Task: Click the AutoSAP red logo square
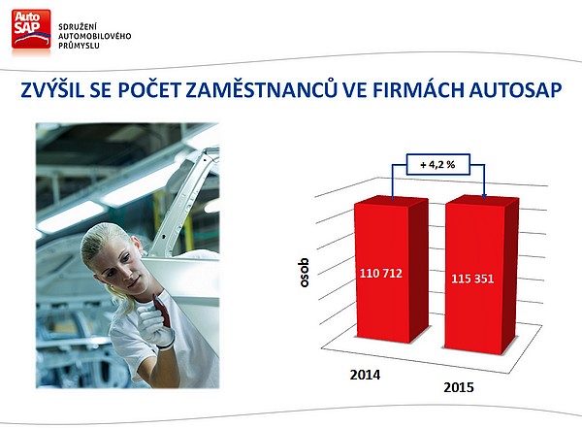pyautogui.click(x=31, y=29)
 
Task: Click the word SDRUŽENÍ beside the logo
pyautogui.click(x=73, y=27)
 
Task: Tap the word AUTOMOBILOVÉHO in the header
pyautogui.click(x=95, y=36)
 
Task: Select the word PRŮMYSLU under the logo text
pyautogui.click(x=79, y=46)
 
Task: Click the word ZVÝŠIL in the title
pyautogui.click(x=52, y=89)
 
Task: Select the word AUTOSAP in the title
pyautogui.click(x=515, y=90)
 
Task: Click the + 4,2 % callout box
pyautogui.click(x=438, y=164)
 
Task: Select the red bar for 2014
pyautogui.click(x=391, y=270)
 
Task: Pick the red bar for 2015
pyautogui.click(x=481, y=275)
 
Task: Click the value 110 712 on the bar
pyautogui.click(x=381, y=274)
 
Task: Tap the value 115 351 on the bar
pyautogui.click(x=472, y=279)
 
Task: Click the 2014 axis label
pyautogui.click(x=365, y=375)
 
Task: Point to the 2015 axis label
pyautogui.click(x=459, y=387)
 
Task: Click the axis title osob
pyautogui.click(x=304, y=273)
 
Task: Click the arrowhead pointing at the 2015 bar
pyautogui.click(x=484, y=196)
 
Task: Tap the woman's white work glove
pyautogui.click(x=156, y=323)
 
